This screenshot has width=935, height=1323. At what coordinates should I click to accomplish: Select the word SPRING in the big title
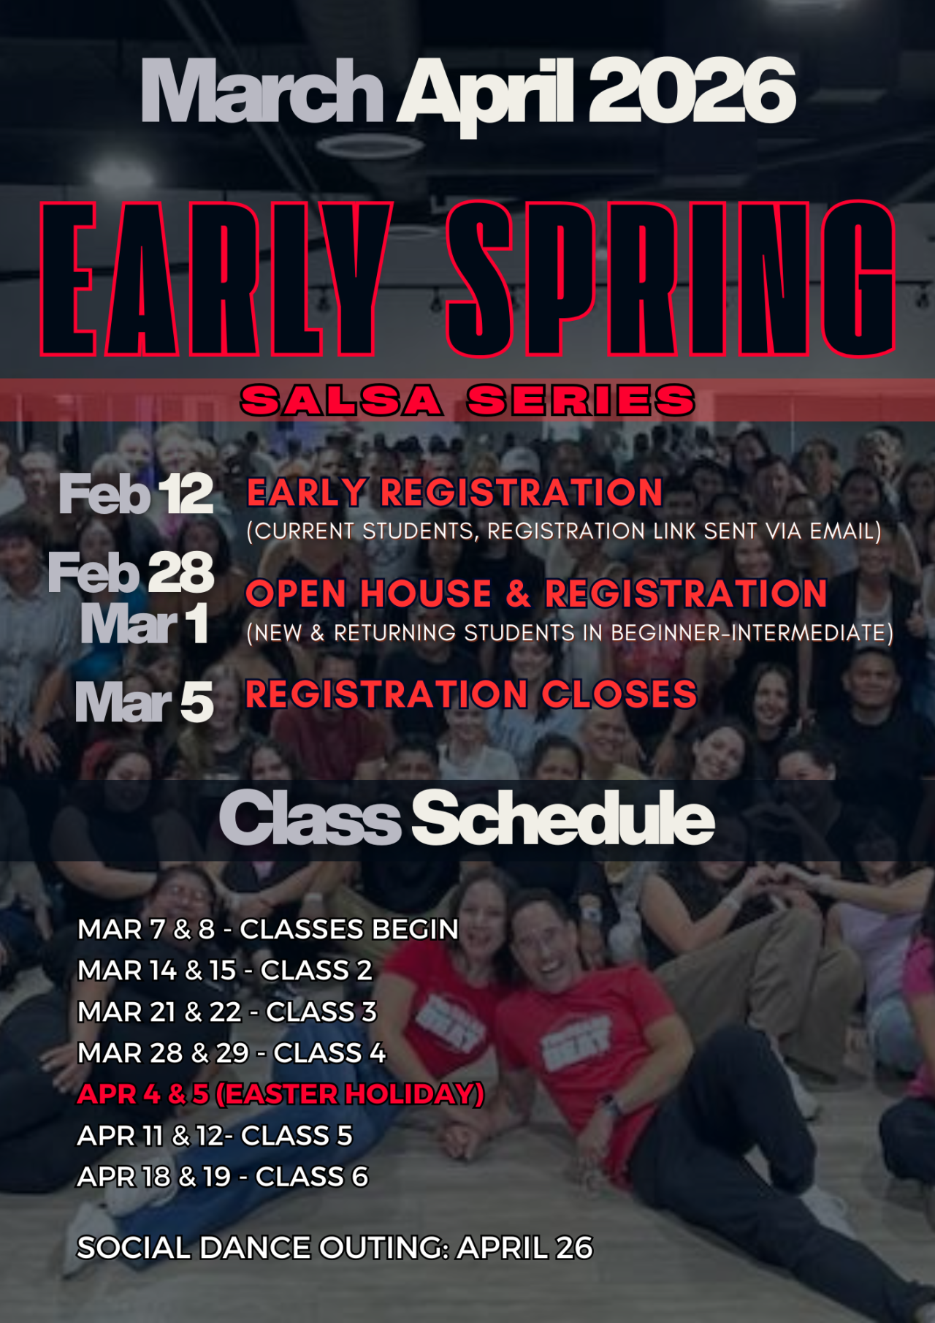click(x=671, y=278)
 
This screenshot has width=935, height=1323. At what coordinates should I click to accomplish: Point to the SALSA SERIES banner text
click(x=467, y=401)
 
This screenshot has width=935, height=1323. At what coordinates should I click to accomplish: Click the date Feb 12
click(x=137, y=495)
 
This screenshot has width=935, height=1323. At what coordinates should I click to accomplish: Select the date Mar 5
click(x=145, y=702)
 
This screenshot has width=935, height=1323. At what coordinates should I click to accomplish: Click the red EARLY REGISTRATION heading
click(x=454, y=493)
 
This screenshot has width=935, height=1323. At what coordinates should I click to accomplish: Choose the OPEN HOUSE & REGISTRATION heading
click(x=536, y=594)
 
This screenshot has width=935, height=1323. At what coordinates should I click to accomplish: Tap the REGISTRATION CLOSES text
click(x=471, y=694)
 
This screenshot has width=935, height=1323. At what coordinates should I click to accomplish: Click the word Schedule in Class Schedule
click(x=563, y=819)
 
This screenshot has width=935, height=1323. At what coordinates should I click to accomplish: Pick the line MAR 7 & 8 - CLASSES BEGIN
click(x=268, y=929)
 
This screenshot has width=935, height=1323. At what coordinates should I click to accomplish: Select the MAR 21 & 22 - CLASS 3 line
click(x=227, y=1012)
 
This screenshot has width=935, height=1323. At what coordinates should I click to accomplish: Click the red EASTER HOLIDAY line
click(x=281, y=1094)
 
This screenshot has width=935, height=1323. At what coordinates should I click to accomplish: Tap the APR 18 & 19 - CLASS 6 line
click(x=223, y=1177)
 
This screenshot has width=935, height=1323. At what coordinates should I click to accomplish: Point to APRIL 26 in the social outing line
click(x=524, y=1248)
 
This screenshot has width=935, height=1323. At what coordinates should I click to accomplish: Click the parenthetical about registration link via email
click(x=564, y=531)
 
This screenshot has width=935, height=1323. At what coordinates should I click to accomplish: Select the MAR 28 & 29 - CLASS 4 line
click(x=232, y=1053)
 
